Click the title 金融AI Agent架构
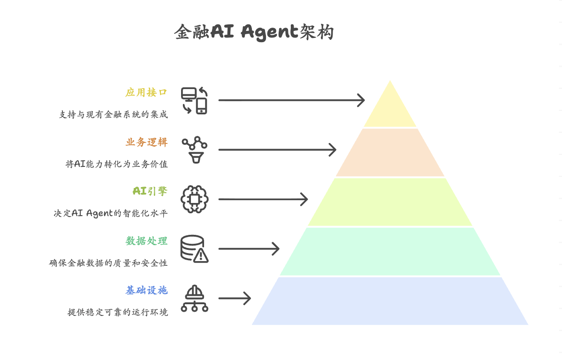point(254,32)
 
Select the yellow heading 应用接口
point(146,92)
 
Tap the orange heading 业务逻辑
point(146,142)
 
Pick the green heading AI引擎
point(150,191)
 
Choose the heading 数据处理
point(146,241)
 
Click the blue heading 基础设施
point(146,291)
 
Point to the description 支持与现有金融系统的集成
point(113,114)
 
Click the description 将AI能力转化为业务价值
point(116,164)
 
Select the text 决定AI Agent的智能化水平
point(110,214)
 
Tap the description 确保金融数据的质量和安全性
point(108,263)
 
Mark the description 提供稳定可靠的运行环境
point(117,313)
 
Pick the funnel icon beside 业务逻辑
point(195,150)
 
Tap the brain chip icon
point(195,200)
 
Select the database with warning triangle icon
point(195,249)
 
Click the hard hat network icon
point(195,299)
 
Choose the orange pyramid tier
point(390,153)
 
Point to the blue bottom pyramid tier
point(390,301)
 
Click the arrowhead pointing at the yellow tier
point(361,100)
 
